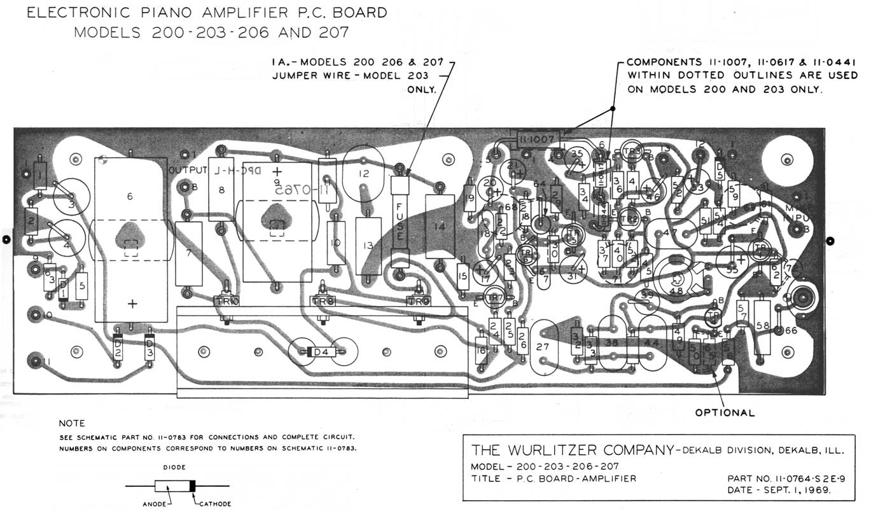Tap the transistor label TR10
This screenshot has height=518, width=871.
[x=226, y=301]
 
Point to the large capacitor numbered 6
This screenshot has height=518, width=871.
[x=130, y=238]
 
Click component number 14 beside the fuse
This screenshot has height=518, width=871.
[x=440, y=226]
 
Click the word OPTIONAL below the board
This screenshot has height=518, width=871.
[x=725, y=412]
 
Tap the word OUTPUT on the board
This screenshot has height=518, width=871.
[x=188, y=171]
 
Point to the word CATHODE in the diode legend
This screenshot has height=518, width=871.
[x=215, y=504]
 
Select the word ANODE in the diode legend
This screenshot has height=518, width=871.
[x=154, y=504]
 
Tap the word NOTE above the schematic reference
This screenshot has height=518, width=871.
[x=71, y=423]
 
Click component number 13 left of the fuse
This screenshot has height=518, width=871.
[x=368, y=245]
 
